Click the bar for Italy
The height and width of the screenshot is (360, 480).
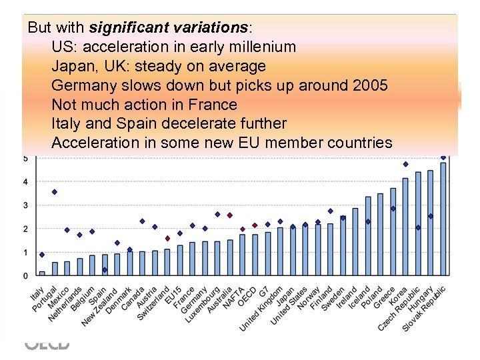point(42,273)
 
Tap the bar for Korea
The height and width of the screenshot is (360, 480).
point(405,227)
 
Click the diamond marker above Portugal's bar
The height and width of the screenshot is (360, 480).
point(55,192)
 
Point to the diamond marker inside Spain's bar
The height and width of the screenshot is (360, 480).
point(105,270)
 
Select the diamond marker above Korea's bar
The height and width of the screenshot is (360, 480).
point(405,164)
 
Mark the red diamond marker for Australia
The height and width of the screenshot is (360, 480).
point(230,215)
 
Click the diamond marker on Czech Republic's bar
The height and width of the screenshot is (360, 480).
point(418,227)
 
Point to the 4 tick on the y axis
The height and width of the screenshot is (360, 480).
point(25,182)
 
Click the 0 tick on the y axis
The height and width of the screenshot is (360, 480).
point(25,276)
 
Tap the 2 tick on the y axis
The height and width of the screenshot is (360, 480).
point(25,229)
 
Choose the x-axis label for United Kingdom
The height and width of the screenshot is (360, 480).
point(262,307)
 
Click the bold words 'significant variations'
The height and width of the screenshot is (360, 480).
point(168,28)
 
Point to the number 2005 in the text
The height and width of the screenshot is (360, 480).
point(369,85)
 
